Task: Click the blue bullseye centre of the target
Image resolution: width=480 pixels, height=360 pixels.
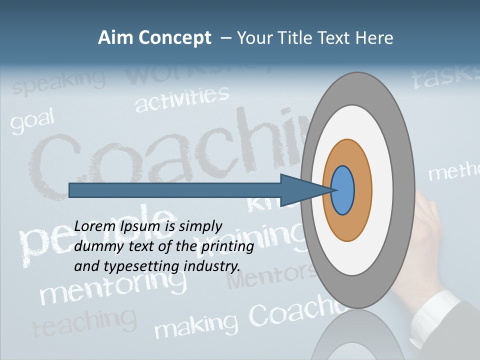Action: point(342,190)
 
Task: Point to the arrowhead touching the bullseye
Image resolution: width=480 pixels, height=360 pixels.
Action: point(305,190)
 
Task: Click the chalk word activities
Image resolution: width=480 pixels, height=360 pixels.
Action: point(182,98)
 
